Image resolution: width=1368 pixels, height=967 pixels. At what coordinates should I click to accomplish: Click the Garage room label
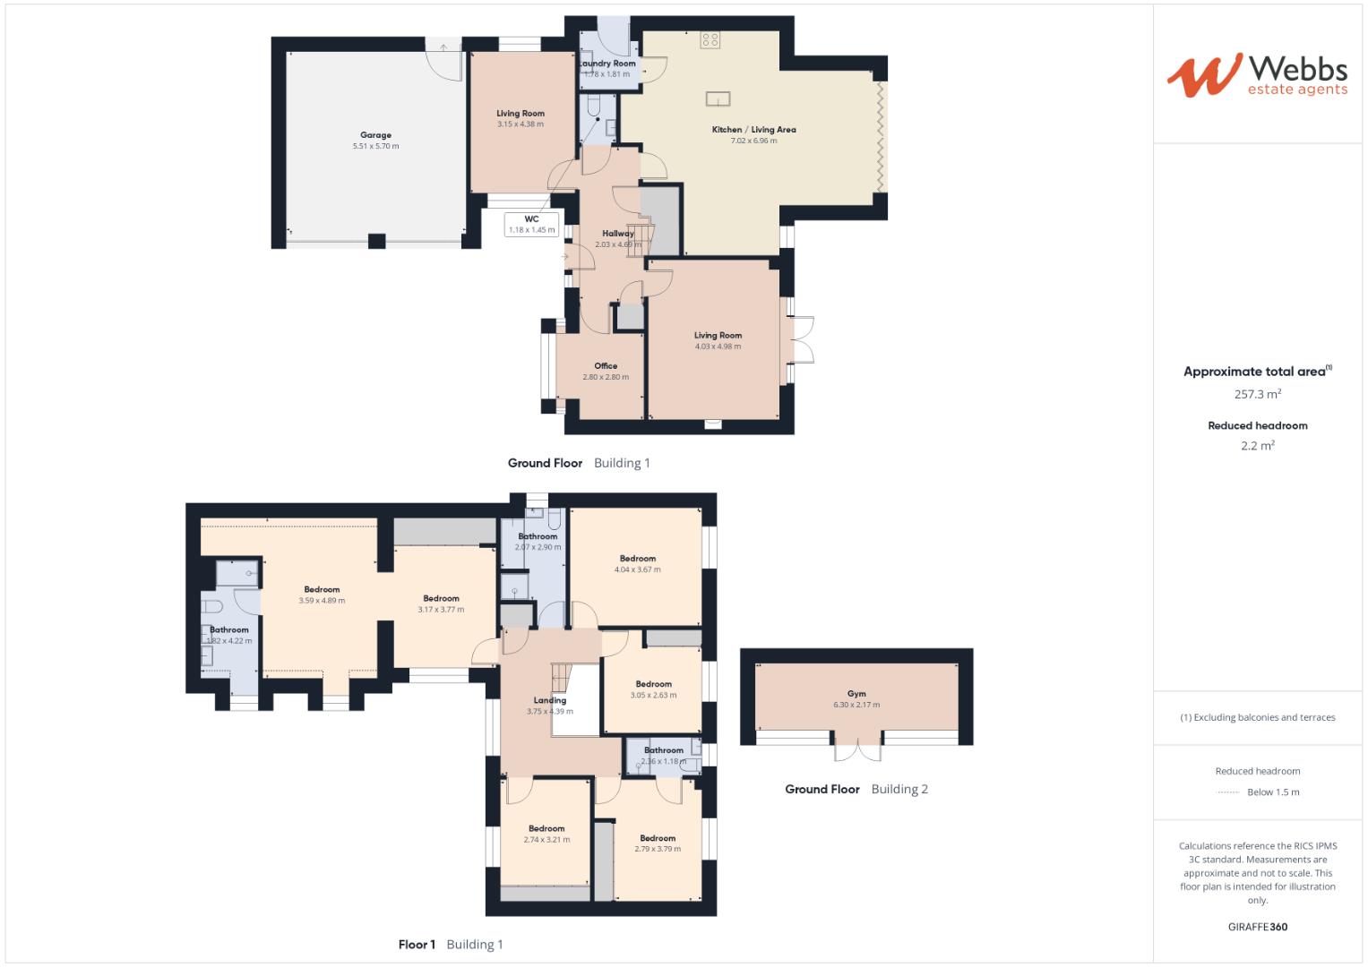click(375, 135)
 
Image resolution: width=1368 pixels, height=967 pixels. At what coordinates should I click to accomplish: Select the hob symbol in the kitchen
click(710, 39)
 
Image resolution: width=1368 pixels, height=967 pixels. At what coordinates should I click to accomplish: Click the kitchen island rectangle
click(718, 98)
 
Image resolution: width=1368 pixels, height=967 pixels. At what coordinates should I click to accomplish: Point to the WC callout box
click(531, 224)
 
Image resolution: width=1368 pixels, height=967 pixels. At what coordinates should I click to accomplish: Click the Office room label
click(606, 366)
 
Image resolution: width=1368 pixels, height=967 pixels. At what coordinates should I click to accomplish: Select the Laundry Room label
click(607, 64)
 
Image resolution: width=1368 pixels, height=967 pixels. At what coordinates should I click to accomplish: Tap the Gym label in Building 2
click(856, 694)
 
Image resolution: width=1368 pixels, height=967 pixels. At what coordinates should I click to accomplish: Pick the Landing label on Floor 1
click(549, 700)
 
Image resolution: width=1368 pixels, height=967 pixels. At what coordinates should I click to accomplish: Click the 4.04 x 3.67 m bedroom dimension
click(637, 569)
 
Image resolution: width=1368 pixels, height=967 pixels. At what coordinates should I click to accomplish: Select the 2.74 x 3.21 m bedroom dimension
click(546, 840)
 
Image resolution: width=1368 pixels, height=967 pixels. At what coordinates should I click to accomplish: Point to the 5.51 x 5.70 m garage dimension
click(375, 146)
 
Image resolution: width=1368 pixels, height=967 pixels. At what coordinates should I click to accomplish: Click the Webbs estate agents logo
click(1256, 74)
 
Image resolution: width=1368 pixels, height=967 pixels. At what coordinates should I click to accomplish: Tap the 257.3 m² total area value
click(1257, 394)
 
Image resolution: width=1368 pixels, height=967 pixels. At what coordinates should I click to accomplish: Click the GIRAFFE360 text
click(1257, 927)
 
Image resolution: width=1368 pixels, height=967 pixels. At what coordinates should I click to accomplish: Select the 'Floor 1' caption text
click(417, 945)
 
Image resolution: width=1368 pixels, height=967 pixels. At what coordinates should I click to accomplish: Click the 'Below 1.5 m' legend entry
click(1272, 792)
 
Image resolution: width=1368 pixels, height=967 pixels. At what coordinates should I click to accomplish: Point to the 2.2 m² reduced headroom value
click(1257, 446)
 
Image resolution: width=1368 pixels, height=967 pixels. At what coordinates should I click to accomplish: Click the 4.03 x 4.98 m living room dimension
click(718, 347)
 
